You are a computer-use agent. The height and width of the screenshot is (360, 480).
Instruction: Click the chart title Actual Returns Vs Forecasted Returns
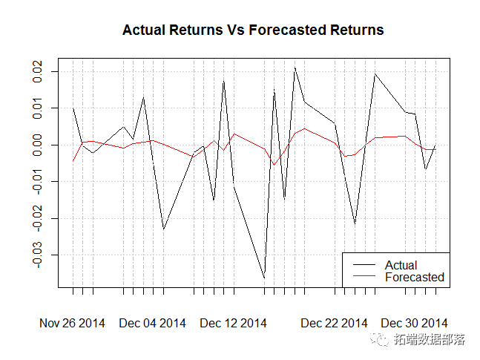[x=253, y=30]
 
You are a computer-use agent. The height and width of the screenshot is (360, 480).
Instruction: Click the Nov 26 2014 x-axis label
[x=72, y=323]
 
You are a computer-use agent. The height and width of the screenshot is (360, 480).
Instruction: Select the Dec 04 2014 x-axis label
[x=152, y=323]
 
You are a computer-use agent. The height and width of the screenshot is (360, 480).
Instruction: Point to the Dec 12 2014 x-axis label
[x=233, y=323]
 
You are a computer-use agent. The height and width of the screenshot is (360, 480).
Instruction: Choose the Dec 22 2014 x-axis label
[x=334, y=323]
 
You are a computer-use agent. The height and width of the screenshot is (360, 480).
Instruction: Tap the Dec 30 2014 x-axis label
[x=414, y=323]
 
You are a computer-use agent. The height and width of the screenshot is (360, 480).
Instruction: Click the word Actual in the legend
[x=401, y=265]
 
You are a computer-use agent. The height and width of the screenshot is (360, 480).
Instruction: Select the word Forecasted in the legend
[x=414, y=277]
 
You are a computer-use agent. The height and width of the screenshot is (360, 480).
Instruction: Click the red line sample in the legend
[x=363, y=277]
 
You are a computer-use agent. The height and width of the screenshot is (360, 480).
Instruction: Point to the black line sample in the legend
[x=363, y=265]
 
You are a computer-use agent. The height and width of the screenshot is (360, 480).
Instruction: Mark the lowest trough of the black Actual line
[x=264, y=278]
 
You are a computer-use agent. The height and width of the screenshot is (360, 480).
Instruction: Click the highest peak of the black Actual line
[x=295, y=68]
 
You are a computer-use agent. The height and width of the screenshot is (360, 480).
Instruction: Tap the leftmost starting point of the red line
[x=73, y=161]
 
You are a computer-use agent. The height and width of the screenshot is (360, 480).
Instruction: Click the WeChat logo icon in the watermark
[x=382, y=341]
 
